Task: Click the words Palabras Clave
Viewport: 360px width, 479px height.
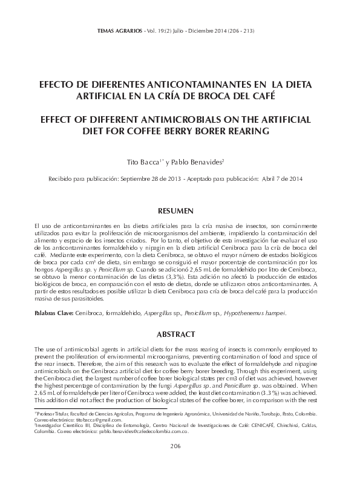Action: tap(53, 313)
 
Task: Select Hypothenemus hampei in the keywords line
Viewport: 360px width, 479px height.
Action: tap(257, 313)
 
